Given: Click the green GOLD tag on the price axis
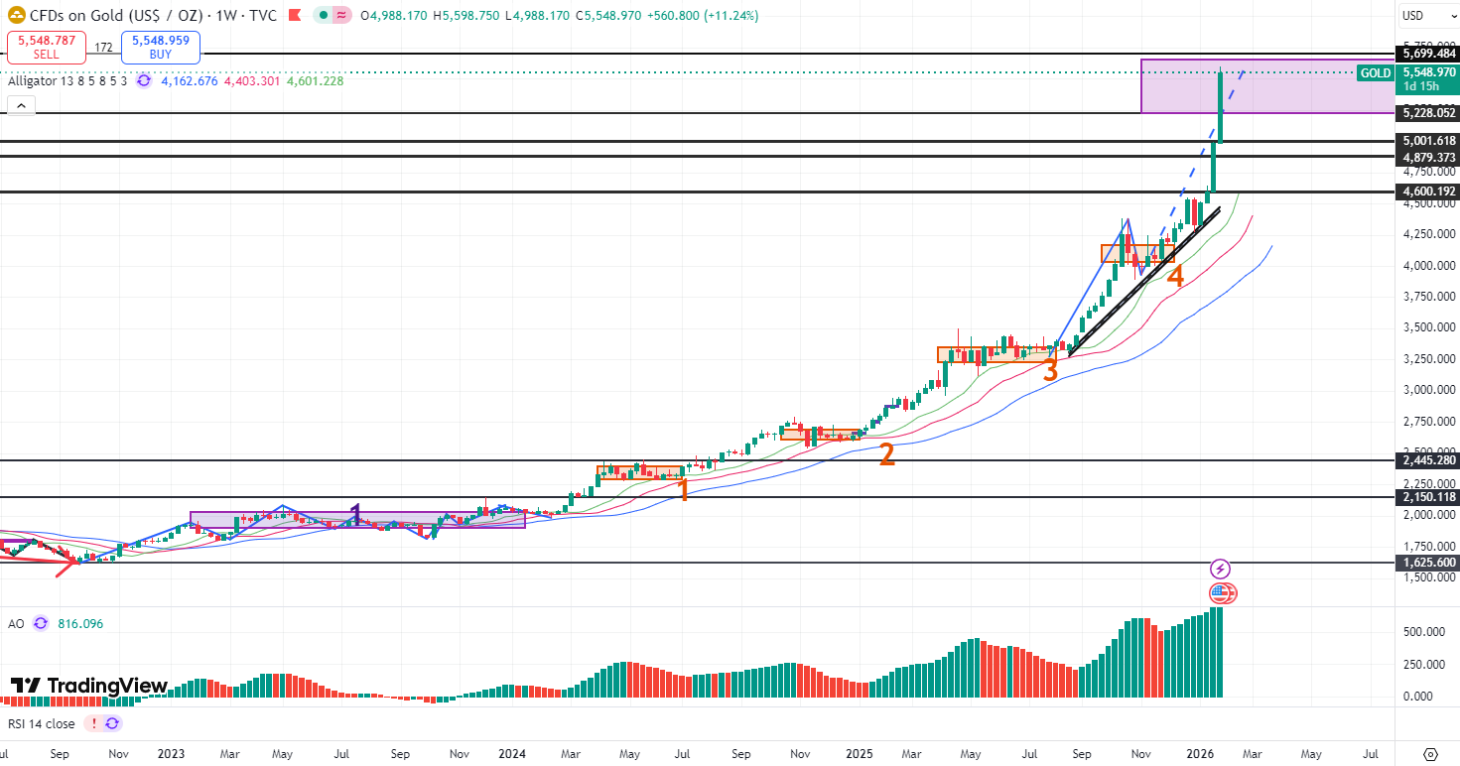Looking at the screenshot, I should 1376,73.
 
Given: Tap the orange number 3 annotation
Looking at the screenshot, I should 1050,369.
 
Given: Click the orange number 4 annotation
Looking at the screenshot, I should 1175,276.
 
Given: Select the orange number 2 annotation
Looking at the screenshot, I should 886,454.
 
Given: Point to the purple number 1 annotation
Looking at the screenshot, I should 355,514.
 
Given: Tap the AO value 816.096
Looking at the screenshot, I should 79,624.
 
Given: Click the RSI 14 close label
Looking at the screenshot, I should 41,724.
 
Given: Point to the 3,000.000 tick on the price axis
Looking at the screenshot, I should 1427,390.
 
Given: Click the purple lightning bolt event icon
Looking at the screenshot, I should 1221,570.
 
